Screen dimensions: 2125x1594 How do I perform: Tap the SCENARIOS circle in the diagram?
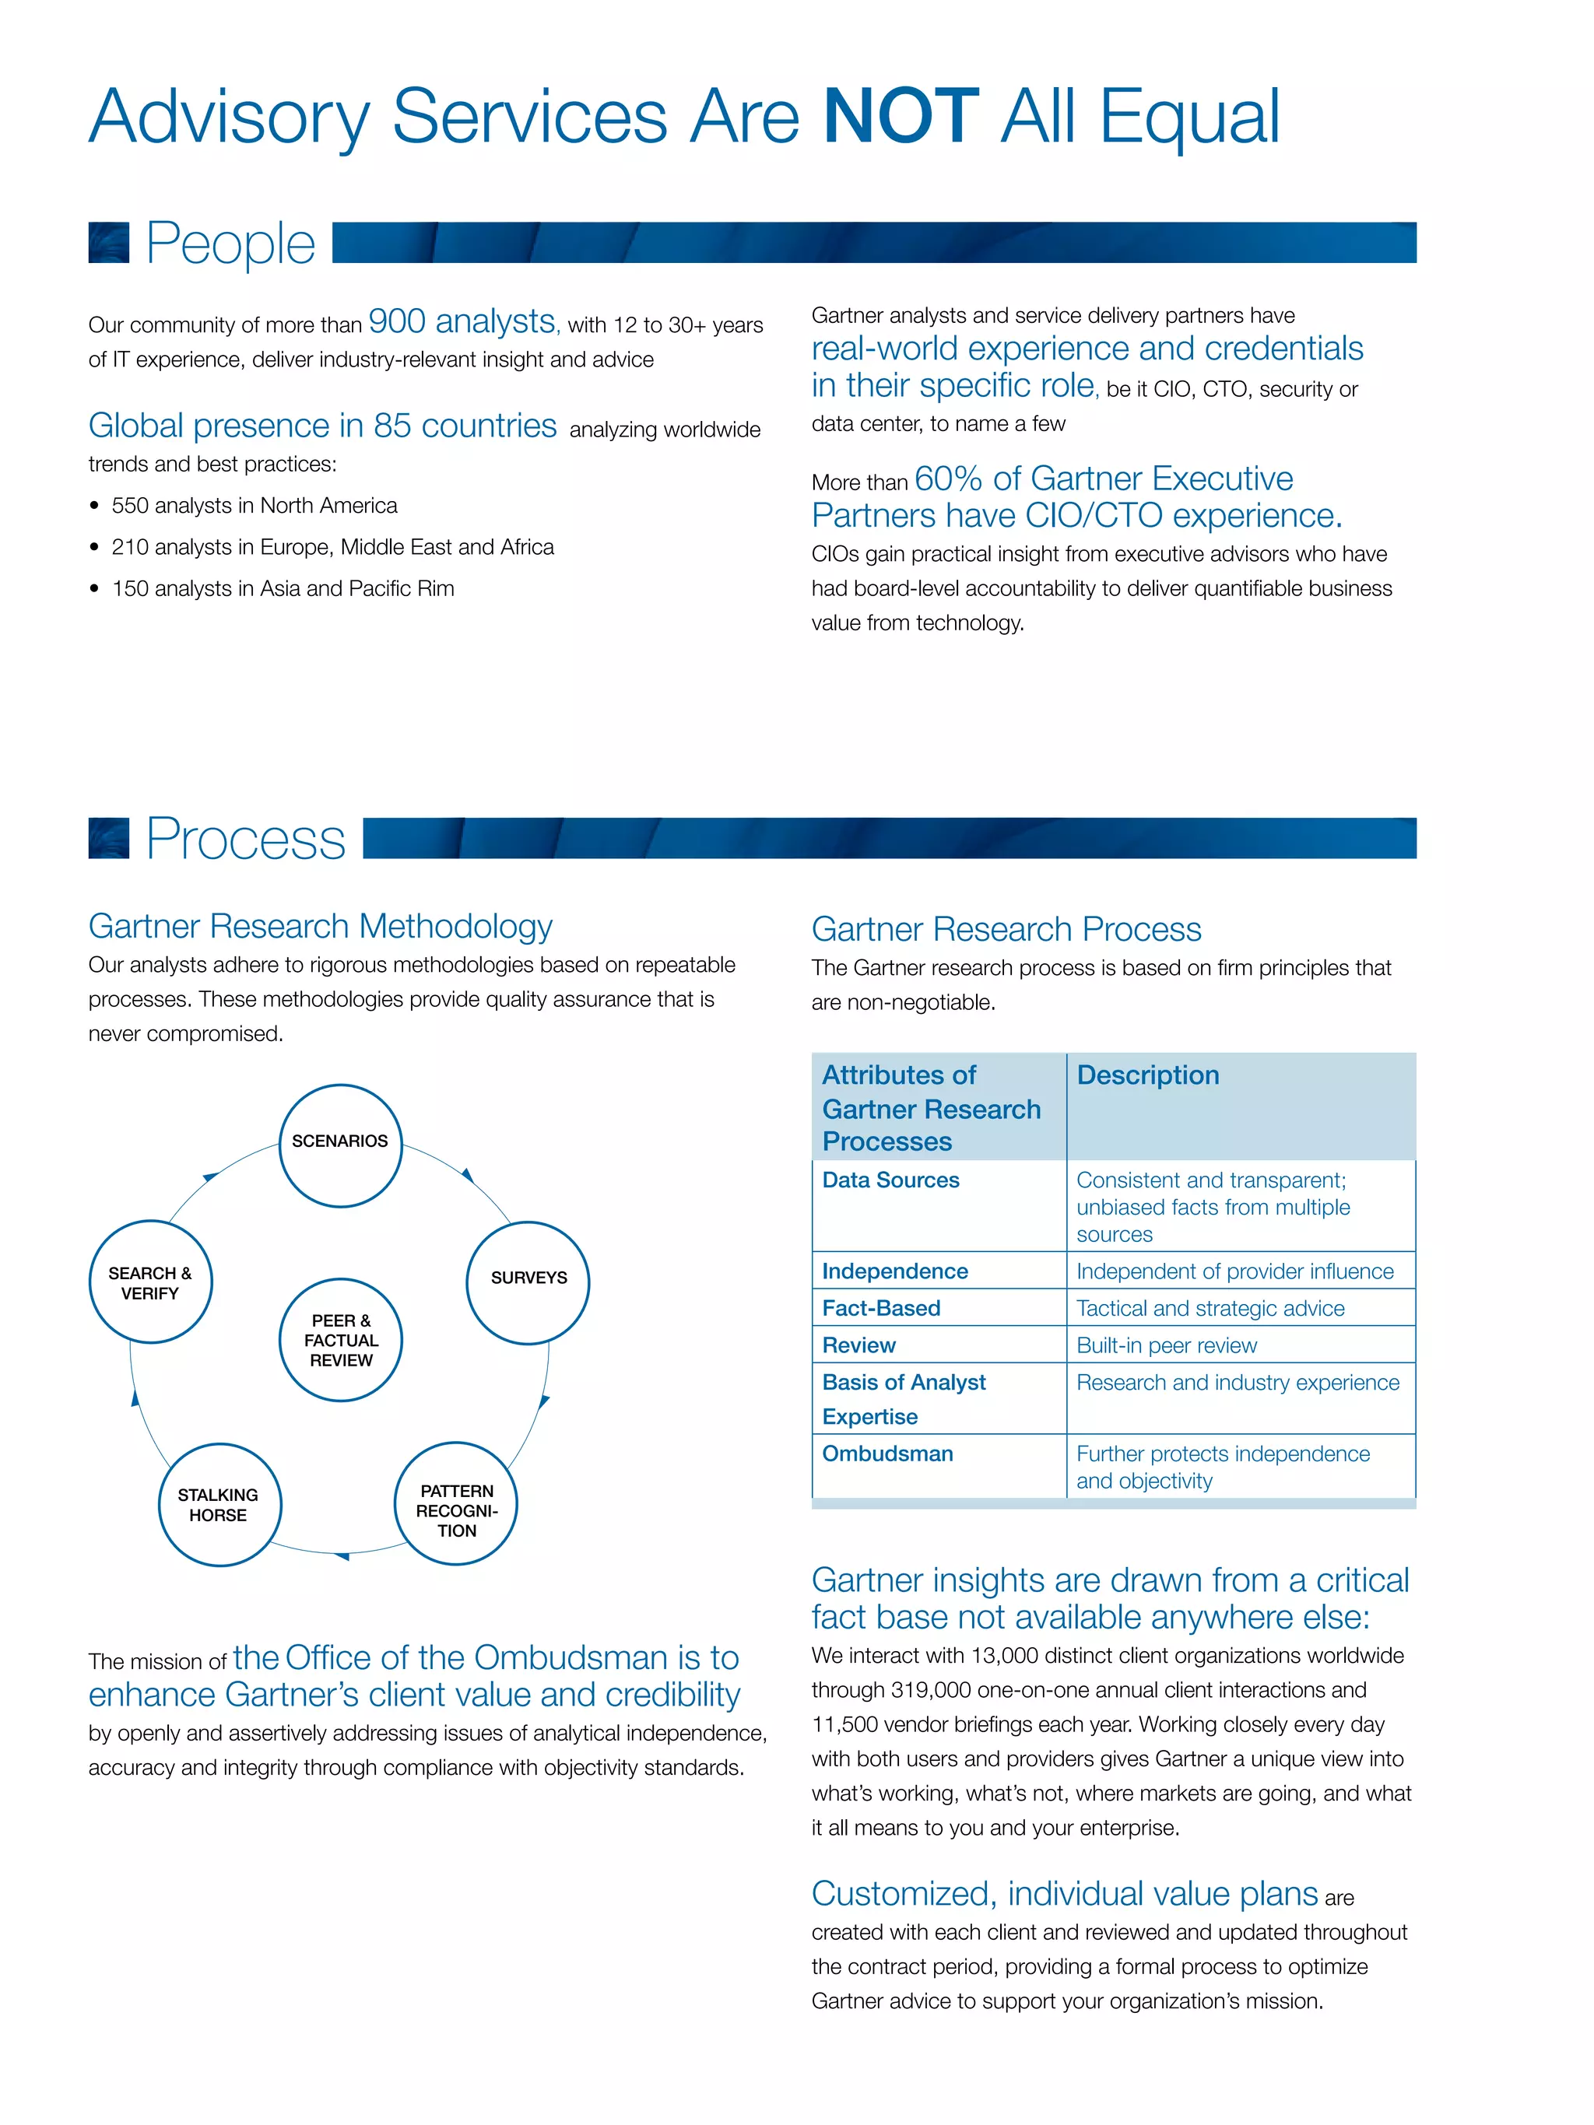[340, 1145]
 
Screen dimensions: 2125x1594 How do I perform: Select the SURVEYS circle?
[528, 1282]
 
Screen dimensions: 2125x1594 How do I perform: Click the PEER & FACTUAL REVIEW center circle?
[340, 1339]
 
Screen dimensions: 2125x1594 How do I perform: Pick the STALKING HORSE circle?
[219, 1504]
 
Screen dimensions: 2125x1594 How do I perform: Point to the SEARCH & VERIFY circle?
[150, 1282]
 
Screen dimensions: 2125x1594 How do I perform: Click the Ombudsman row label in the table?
[887, 1453]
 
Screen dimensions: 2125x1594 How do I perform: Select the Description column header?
[1147, 1075]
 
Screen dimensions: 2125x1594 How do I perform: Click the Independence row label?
[894, 1271]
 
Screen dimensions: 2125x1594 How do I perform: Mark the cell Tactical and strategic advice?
[1210, 1309]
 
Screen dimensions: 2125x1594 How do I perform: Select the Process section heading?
[245, 839]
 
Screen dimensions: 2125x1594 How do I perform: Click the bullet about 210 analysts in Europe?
[332, 547]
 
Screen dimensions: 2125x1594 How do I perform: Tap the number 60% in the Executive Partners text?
[947, 479]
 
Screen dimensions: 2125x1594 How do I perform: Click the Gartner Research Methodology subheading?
[320, 926]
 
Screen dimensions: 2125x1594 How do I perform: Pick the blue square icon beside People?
[108, 243]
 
